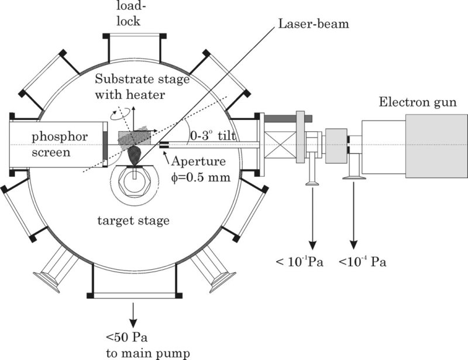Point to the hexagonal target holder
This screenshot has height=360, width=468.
click(135, 183)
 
